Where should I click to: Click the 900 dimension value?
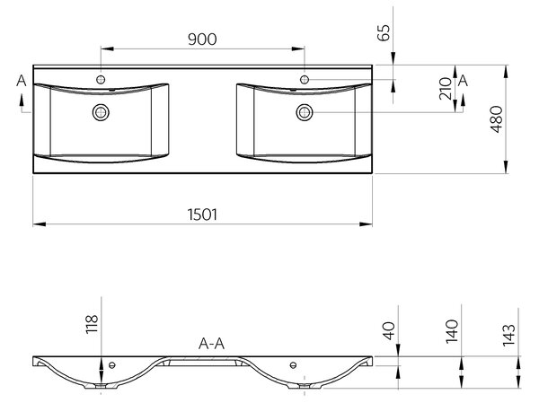click(202, 39)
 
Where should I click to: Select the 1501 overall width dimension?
click(202, 215)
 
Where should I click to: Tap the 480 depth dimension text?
click(497, 118)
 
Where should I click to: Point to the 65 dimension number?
click(384, 32)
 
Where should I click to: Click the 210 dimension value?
click(446, 88)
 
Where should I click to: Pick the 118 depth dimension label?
click(92, 324)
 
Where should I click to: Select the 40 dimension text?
click(389, 330)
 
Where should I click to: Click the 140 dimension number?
click(452, 331)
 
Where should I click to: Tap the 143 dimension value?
click(508, 335)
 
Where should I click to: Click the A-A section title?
click(211, 343)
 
